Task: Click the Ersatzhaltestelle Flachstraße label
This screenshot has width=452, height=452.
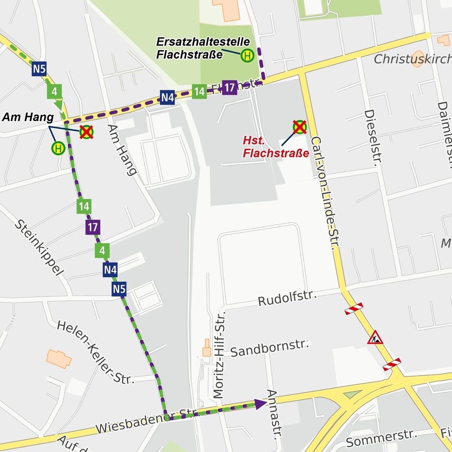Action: click(x=203, y=48)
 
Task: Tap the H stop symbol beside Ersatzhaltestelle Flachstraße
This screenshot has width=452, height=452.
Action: click(x=247, y=56)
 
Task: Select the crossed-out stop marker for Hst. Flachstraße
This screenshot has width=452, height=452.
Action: click(x=299, y=127)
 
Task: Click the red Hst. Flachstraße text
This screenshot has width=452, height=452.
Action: click(x=276, y=147)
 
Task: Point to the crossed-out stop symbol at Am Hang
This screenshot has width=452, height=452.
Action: click(x=86, y=132)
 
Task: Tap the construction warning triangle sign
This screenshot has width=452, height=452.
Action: click(x=375, y=338)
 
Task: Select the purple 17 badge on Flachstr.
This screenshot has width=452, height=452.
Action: click(x=230, y=88)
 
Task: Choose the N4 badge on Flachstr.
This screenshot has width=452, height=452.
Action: click(x=167, y=98)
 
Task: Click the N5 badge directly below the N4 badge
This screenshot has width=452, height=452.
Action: click(x=120, y=289)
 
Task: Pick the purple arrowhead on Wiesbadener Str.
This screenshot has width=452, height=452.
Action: click(x=261, y=404)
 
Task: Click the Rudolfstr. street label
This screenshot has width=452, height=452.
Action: click(x=287, y=298)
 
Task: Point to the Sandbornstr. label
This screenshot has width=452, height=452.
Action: click(x=270, y=349)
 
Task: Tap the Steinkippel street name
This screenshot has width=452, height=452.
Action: click(x=39, y=248)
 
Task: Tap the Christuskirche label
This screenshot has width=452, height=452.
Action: click(x=412, y=59)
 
